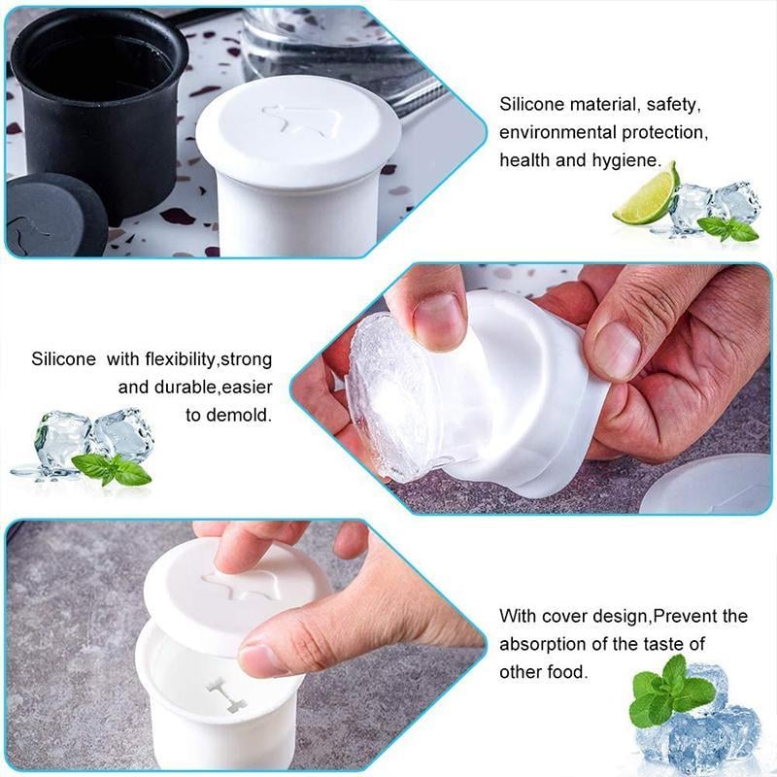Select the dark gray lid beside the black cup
click(53, 219)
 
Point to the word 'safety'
click(673, 104)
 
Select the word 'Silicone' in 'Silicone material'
click(532, 104)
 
